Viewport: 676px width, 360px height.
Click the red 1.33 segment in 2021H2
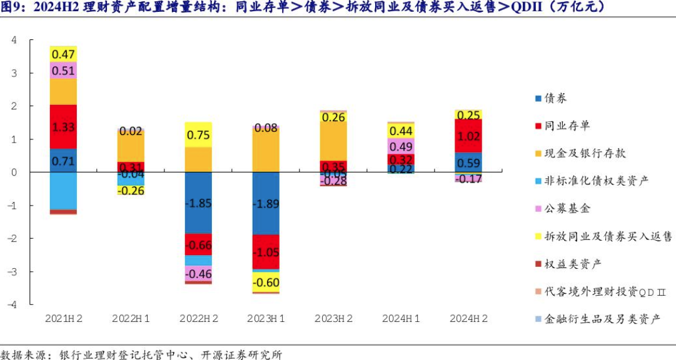point(63,127)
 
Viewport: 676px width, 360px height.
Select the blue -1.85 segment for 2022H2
point(198,203)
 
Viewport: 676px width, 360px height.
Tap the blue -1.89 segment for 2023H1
point(266,203)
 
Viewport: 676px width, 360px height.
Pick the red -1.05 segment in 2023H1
point(266,252)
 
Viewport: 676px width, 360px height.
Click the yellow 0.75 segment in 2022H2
point(198,134)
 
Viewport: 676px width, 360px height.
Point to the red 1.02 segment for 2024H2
point(468,136)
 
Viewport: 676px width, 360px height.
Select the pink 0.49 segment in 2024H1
point(401,146)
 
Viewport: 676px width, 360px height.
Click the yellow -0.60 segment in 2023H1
point(266,282)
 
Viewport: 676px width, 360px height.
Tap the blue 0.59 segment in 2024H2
point(468,162)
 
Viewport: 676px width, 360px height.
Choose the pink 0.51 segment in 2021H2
point(63,70)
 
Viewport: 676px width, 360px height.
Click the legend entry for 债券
point(556,98)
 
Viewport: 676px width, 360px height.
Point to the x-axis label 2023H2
point(333,318)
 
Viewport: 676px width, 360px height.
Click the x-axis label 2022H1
point(131,318)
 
